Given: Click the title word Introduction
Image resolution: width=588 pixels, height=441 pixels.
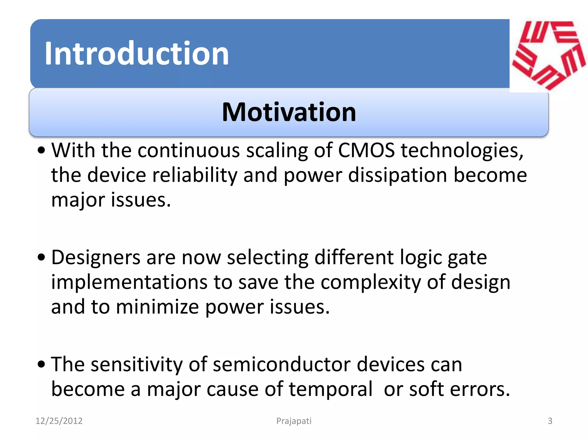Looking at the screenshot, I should pyautogui.click(x=137, y=54).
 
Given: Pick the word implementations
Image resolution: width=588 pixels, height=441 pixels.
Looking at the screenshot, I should pyautogui.click(x=129, y=282).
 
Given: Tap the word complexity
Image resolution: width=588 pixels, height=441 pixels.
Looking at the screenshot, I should pyautogui.click(x=370, y=282).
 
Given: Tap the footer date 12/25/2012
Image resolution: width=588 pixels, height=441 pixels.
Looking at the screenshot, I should pyautogui.click(x=59, y=421).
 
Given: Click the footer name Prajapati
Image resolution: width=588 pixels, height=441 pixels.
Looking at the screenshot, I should pyautogui.click(x=294, y=421).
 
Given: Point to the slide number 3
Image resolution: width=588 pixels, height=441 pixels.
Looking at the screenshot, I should pyautogui.click(x=550, y=421).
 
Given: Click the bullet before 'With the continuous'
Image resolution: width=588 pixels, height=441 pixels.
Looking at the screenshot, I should pyautogui.click(x=41, y=150).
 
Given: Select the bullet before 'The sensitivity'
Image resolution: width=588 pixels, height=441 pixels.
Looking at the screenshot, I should pyautogui.click(x=41, y=364).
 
